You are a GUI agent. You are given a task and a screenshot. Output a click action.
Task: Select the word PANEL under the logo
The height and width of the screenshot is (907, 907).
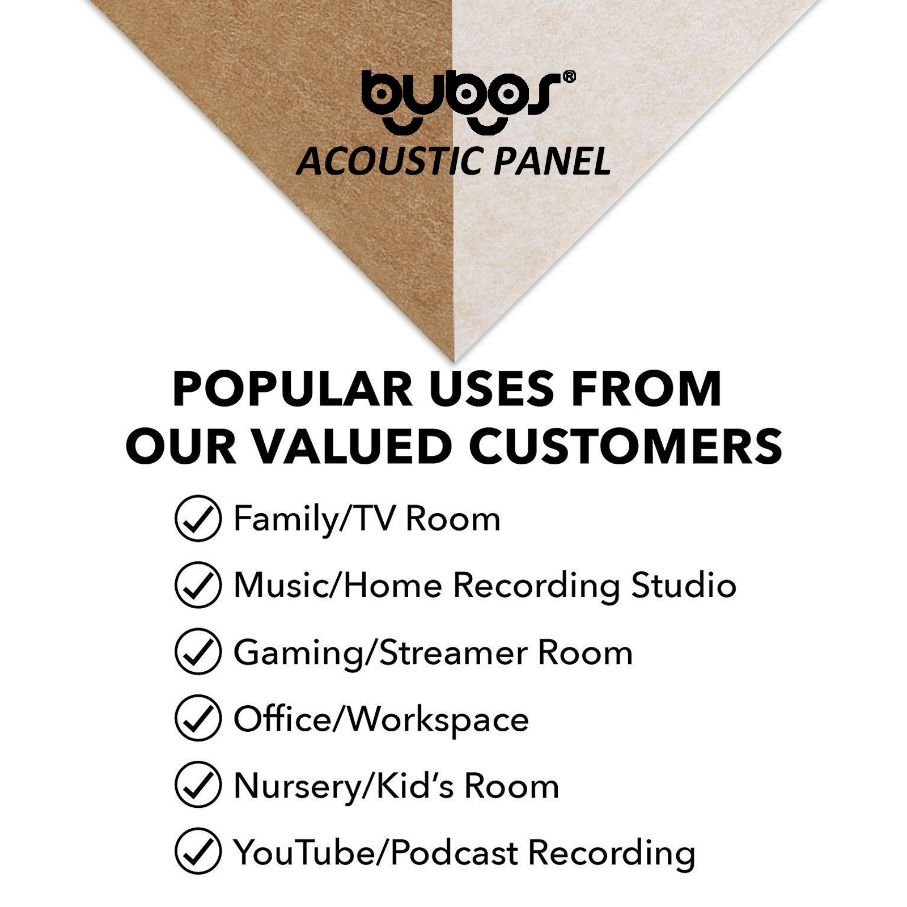pos(552,162)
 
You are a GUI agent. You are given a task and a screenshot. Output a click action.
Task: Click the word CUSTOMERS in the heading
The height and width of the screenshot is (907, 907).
pos(626,446)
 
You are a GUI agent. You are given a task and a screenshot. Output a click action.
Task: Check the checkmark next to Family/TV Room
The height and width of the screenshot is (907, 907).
pos(198,518)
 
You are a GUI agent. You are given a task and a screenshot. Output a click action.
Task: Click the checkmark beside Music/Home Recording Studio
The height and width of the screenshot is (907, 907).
pos(198,584)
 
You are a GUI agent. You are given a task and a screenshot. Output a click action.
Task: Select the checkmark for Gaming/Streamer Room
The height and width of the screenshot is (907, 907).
pos(198,651)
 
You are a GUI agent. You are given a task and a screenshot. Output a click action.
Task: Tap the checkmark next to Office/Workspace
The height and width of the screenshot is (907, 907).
pos(198,718)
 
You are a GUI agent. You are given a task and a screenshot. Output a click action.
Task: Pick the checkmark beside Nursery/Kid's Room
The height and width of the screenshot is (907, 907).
pos(198,785)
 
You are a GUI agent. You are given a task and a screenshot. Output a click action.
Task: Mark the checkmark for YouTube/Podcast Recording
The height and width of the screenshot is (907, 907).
pos(198,851)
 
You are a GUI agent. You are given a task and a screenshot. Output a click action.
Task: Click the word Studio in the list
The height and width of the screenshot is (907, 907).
pos(684,584)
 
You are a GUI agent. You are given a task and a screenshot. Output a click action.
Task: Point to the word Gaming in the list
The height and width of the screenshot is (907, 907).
pos(299,654)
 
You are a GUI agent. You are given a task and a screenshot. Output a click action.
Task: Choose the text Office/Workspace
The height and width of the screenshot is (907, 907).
pos(382,719)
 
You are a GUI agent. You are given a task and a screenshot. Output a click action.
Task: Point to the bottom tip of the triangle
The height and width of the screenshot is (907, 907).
pos(453,362)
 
